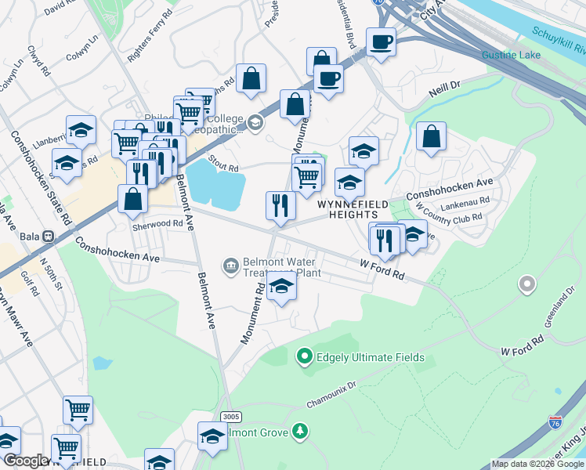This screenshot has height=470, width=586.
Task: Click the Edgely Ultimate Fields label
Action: click(370, 358)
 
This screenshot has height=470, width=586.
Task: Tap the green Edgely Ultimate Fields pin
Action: click(305, 358)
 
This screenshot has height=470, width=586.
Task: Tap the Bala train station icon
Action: click(49, 235)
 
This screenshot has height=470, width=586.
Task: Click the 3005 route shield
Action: click(230, 417)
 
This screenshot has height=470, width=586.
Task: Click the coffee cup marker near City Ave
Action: click(381, 42)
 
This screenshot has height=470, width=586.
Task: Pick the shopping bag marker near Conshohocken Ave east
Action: click(431, 136)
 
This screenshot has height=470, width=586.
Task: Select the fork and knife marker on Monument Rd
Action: click(280, 205)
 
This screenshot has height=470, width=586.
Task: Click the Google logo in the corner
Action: click(26, 461)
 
